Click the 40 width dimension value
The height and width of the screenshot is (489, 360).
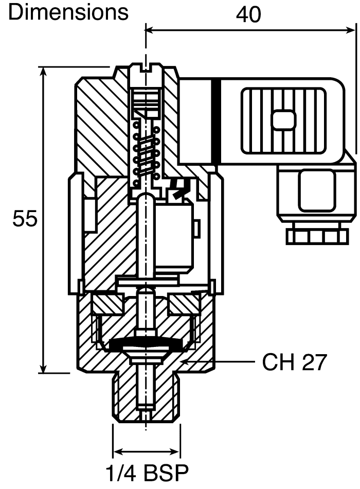248,14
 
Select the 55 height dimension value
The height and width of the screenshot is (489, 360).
25,219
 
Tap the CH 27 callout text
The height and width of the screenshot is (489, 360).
294,362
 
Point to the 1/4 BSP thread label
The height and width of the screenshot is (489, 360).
147,473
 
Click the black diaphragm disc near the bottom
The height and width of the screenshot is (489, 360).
146,346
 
